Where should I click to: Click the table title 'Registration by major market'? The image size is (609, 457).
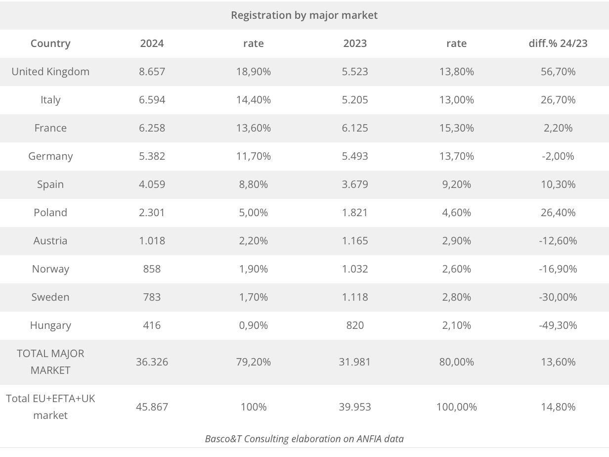[304, 15]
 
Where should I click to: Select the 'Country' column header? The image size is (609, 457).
[50, 44]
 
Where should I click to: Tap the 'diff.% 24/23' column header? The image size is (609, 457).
[558, 44]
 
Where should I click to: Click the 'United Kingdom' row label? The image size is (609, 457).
[50, 72]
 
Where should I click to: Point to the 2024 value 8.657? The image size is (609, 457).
[152, 72]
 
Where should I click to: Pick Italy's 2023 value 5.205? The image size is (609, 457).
[355, 100]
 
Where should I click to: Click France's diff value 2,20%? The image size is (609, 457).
[558, 128]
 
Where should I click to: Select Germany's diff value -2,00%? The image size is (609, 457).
[558, 156]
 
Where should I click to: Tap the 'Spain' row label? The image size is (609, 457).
[50, 184]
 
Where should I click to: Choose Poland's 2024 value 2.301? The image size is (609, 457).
[152, 213]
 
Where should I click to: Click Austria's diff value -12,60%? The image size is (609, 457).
[558, 241]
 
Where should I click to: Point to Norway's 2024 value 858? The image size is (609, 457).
[152, 269]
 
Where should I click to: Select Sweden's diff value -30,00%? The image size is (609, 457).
[558, 297]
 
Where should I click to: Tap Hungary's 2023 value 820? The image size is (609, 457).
[355, 325]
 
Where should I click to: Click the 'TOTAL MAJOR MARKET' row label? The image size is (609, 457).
[50, 362]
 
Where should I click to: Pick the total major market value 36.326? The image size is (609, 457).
[152, 362]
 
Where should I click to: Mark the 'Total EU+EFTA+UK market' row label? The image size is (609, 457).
[50, 407]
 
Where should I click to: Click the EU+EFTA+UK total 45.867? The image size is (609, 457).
[152, 407]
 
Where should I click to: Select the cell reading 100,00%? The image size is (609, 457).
[456, 407]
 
